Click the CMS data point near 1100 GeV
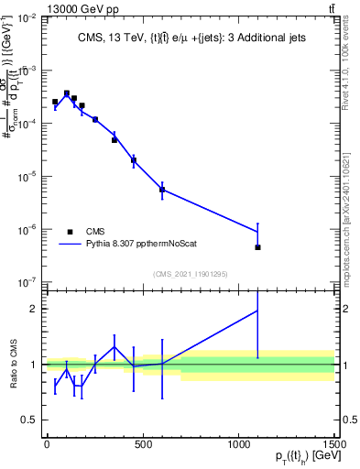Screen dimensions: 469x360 pos(258,247)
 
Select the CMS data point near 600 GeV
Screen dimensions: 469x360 pos(162,190)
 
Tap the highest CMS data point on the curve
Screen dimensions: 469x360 pos(66,93)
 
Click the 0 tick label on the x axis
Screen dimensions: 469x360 pos(47,445)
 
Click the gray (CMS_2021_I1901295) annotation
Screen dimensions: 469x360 pos(191,274)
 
